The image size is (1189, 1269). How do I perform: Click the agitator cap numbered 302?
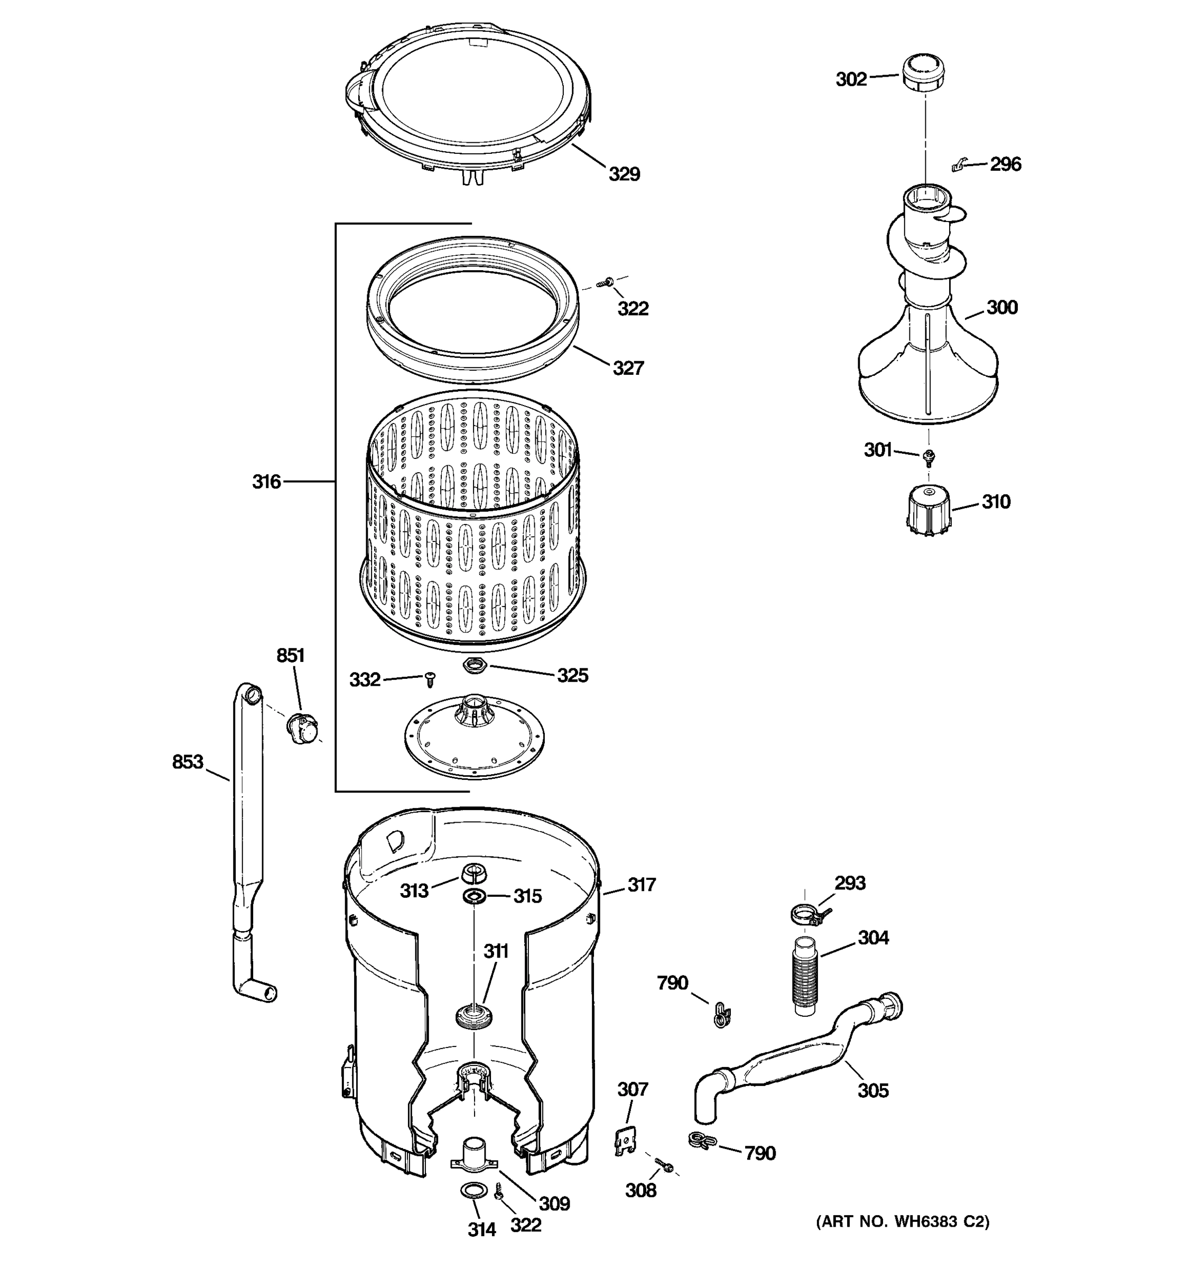tap(923, 74)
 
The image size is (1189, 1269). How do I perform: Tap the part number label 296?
tap(1005, 164)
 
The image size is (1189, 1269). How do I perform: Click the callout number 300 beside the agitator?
tap(1002, 308)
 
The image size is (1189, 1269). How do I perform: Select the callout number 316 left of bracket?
tap(266, 481)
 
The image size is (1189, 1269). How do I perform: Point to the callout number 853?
tap(188, 761)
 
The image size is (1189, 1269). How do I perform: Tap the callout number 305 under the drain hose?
tap(872, 1090)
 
